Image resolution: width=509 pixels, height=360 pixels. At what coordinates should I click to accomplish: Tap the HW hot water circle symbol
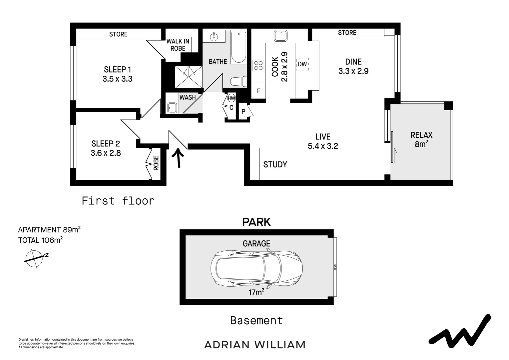231,98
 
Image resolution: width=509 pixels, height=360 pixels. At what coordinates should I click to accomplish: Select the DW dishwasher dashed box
302,64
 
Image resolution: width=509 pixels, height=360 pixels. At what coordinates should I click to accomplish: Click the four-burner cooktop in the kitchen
258,65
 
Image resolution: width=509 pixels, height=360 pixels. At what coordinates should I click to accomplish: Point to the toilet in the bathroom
239,81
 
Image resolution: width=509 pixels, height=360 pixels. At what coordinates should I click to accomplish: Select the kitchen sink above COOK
280,36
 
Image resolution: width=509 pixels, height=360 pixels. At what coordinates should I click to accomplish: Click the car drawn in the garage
256,269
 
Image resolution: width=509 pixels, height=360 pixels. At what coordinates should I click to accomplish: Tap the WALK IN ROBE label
178,45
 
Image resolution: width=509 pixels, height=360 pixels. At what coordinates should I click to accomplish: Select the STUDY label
275,164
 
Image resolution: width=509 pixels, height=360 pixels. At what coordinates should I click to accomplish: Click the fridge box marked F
258,91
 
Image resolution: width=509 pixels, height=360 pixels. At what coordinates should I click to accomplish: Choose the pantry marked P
244,112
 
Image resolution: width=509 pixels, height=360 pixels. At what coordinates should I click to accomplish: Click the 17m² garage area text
256,292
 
